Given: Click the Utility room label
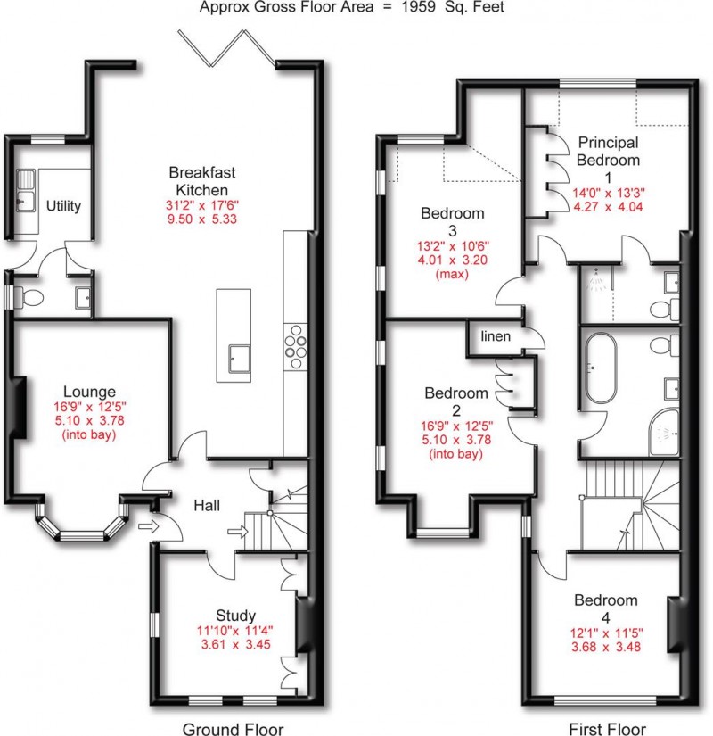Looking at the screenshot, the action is point(63,205).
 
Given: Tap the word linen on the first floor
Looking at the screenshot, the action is point(496,336).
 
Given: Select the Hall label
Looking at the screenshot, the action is point(207,506).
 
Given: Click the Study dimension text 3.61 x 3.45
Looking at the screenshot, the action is point(235,644).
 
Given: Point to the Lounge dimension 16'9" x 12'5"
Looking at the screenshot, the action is point(90,407).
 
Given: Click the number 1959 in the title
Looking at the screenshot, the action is point(418,7).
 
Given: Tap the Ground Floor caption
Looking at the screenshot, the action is point(233,729).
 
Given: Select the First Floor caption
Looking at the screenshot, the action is point(607,729).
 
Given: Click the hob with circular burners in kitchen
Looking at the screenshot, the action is point(296,346).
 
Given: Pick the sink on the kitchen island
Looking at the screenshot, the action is point(239,360).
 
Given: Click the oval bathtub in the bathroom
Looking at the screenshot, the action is point(601,368).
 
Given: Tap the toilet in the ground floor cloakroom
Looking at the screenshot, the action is point(29,297).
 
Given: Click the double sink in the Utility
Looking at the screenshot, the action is point(26,191).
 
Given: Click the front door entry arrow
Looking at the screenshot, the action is point(149,526).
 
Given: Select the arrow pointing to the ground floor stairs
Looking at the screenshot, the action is point(238,532).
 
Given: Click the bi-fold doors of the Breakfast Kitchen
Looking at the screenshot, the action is point(226,47).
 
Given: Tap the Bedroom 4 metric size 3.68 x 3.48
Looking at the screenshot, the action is point(606,647).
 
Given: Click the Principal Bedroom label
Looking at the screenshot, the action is point(609,151).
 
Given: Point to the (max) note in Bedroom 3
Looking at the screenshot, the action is point(452,274).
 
